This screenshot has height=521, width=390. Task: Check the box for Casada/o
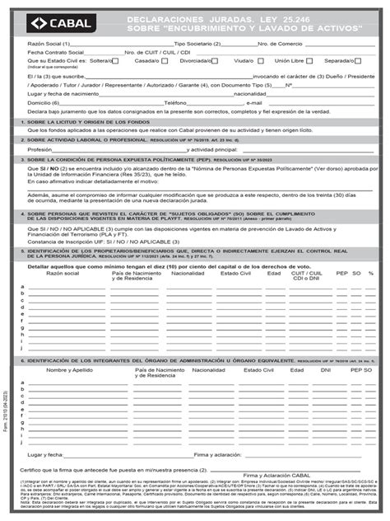tap(160, 60)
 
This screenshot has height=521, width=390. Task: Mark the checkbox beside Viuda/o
tap(260, 60)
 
